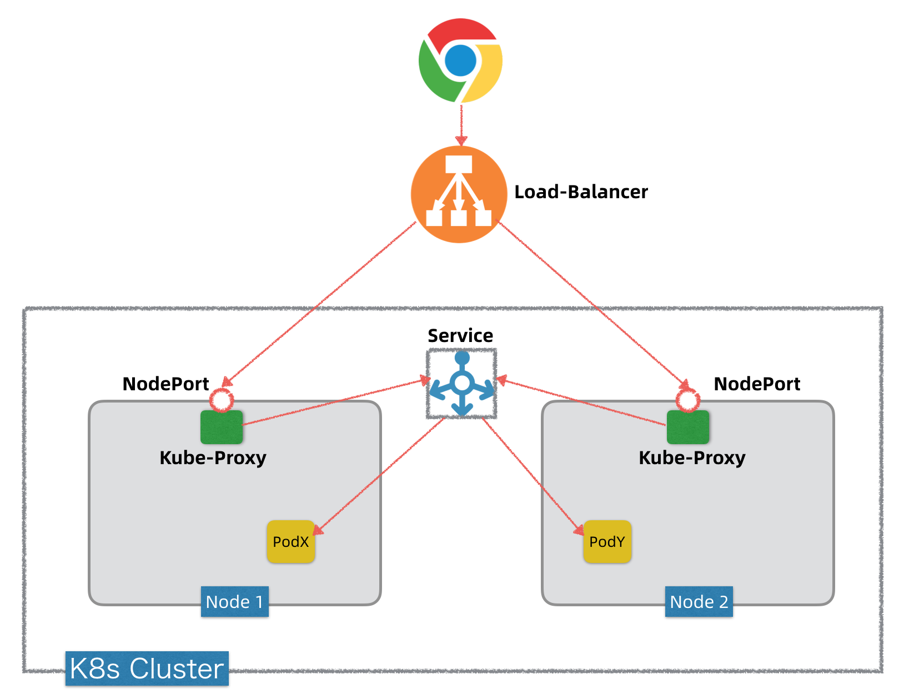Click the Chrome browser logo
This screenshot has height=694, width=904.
pyautogui.click(x=460, y=60)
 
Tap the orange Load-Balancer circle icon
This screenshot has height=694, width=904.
pyautogui.click(x=459, y=194)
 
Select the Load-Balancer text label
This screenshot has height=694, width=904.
pyautogui.click(x=581, y=192)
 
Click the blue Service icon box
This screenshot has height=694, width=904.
pyautogui.click(x=461, y=384)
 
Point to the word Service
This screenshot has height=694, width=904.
pyautogui.click(x=460, y=336)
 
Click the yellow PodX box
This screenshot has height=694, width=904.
pyautogui.click(x=291, y=542)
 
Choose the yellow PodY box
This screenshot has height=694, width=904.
pyautogui.click(x=607, y=542)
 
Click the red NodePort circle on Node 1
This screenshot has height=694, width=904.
pyautogui.click(x=222, y=400)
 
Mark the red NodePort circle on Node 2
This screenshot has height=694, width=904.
pyautogui.click(x=688, y=400)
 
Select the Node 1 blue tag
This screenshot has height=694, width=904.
pyautogui.click(x=234, y=602)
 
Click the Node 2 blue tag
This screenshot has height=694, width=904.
pyautogui.click(x=699, y=602)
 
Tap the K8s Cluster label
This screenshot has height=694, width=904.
pyautogui.click(x=147, y=668)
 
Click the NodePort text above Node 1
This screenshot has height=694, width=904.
pyautogui.click(x=165, y=384)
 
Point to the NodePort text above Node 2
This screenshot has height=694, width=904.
pyautogui.click(x=757, y=384)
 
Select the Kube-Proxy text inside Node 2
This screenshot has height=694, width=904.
pyautogui.click(x=692, y=458)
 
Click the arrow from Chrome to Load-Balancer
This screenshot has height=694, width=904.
pyautogui.click(x=461, y=124)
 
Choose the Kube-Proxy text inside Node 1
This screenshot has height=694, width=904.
pyautogui.click(x=213, y=458)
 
